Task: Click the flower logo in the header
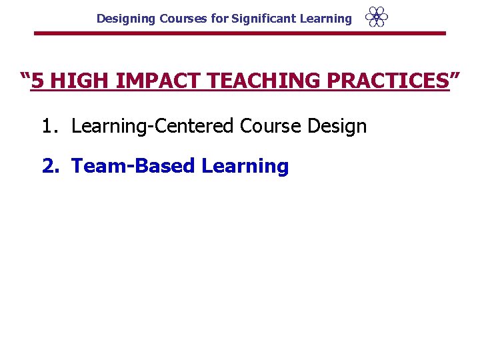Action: pyautogui.click(x=377, y=17)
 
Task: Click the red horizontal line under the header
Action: pyautogui.click(x=239, y=33)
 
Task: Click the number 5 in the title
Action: pyautogui.click(x=39, y=82)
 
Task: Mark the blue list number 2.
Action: pyautogui.click(x=50, y=166)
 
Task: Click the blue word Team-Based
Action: pyautogui.click(x=133, y=166)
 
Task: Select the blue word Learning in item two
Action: pyautogui.click(x=245, y=166)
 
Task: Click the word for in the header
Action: pyautogui.click(x=219, y=19)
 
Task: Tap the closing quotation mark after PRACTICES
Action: pyautogui.click(x=455, y=78)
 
